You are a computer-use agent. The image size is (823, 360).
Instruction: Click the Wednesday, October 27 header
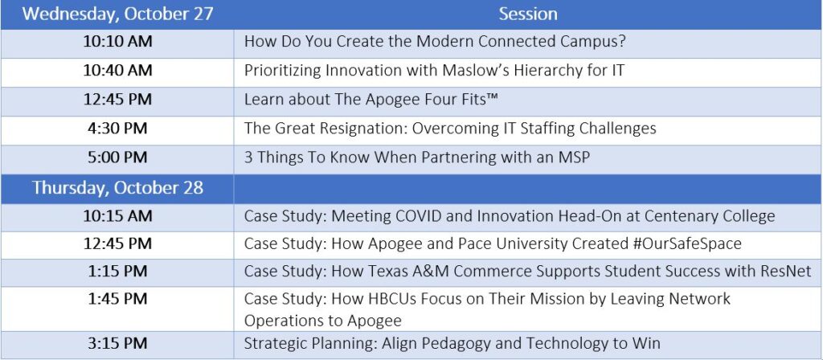pos(117,14)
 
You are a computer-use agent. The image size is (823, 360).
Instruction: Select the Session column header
pos(528,14)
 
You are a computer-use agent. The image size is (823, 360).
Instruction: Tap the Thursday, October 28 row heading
pos(117,188)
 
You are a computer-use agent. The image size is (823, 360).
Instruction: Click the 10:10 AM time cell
pos(117,42)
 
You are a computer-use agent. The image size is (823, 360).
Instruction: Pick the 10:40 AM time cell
pos(117,71)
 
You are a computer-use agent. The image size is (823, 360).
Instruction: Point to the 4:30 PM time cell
pos(117,129)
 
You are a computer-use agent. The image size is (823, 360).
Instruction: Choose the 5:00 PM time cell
pos(117,157)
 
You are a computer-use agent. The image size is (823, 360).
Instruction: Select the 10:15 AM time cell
pos(117,215)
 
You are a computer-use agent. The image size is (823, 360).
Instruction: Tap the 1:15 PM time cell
pos(117,272)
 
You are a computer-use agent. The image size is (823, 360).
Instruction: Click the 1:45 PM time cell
pos(117,299)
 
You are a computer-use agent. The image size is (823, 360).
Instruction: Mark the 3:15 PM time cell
pos(117,344)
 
